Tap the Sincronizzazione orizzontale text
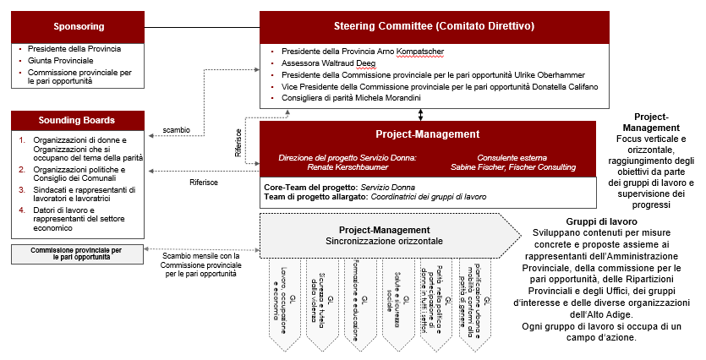tap(385, 241)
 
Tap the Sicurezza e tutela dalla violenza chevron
tap(327, 301)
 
